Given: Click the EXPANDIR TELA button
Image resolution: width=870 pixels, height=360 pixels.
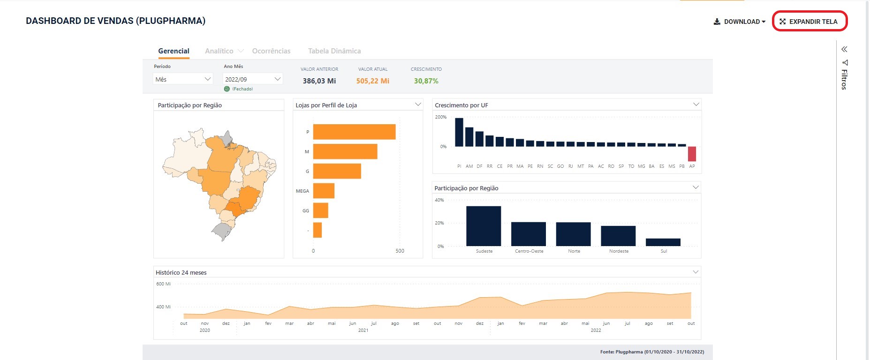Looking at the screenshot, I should pyautogui.click(x=809, y=22).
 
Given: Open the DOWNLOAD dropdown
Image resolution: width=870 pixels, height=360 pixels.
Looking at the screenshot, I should pyautogui.click(x=740, y=22).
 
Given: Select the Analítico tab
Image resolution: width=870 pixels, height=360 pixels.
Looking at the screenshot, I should pyautogui.click(x=219, y=51).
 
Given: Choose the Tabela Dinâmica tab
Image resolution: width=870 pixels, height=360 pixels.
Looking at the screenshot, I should pyautogui.click(x=334, y=51).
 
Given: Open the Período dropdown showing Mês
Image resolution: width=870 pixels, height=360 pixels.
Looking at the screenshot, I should pyautogui.click(x=183, y=79).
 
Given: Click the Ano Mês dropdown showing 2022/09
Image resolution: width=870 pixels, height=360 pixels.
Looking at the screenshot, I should pyautogui.click(x=252, y=79).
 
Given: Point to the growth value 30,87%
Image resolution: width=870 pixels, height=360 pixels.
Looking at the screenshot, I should pyautogui.click(x=426, y=81).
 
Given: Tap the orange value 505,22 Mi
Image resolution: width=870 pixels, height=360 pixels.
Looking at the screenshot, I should pyautogui.click(x=372, y=81).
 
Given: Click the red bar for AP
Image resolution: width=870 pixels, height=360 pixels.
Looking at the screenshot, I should pyautogui.click(x=692, y=154).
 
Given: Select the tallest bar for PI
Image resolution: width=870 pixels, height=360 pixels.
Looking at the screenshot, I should pyautogui.click(x=459, y=132).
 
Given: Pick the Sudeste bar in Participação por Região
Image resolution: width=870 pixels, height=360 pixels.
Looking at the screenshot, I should pyautogui.click(x=484, y=226).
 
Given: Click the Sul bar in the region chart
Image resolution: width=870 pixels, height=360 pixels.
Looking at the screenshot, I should pyautogui.click(x=663, y=242).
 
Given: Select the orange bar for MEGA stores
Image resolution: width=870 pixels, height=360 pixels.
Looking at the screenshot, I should pyautogui.click(x=324, y=191).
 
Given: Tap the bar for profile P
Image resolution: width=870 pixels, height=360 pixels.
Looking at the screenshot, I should pyautogui.click(x=354, y=132).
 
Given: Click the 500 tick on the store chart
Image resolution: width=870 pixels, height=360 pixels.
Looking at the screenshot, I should pyautogui.click(x=400, y=251).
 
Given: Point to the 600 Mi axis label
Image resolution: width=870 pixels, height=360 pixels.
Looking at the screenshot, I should pyautogui.click(x=163, y=284).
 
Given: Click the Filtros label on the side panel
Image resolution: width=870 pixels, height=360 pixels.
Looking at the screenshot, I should pyautogui.click(x=844, y=80).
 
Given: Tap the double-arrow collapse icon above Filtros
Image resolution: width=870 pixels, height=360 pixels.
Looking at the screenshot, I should pyautogui.click(x=844, y=49).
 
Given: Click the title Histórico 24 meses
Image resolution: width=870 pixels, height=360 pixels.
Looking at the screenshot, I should pyautogui.click(x=181, y=272).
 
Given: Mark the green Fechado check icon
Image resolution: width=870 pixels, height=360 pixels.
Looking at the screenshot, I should pyautogui.click(x=227, y=89).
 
